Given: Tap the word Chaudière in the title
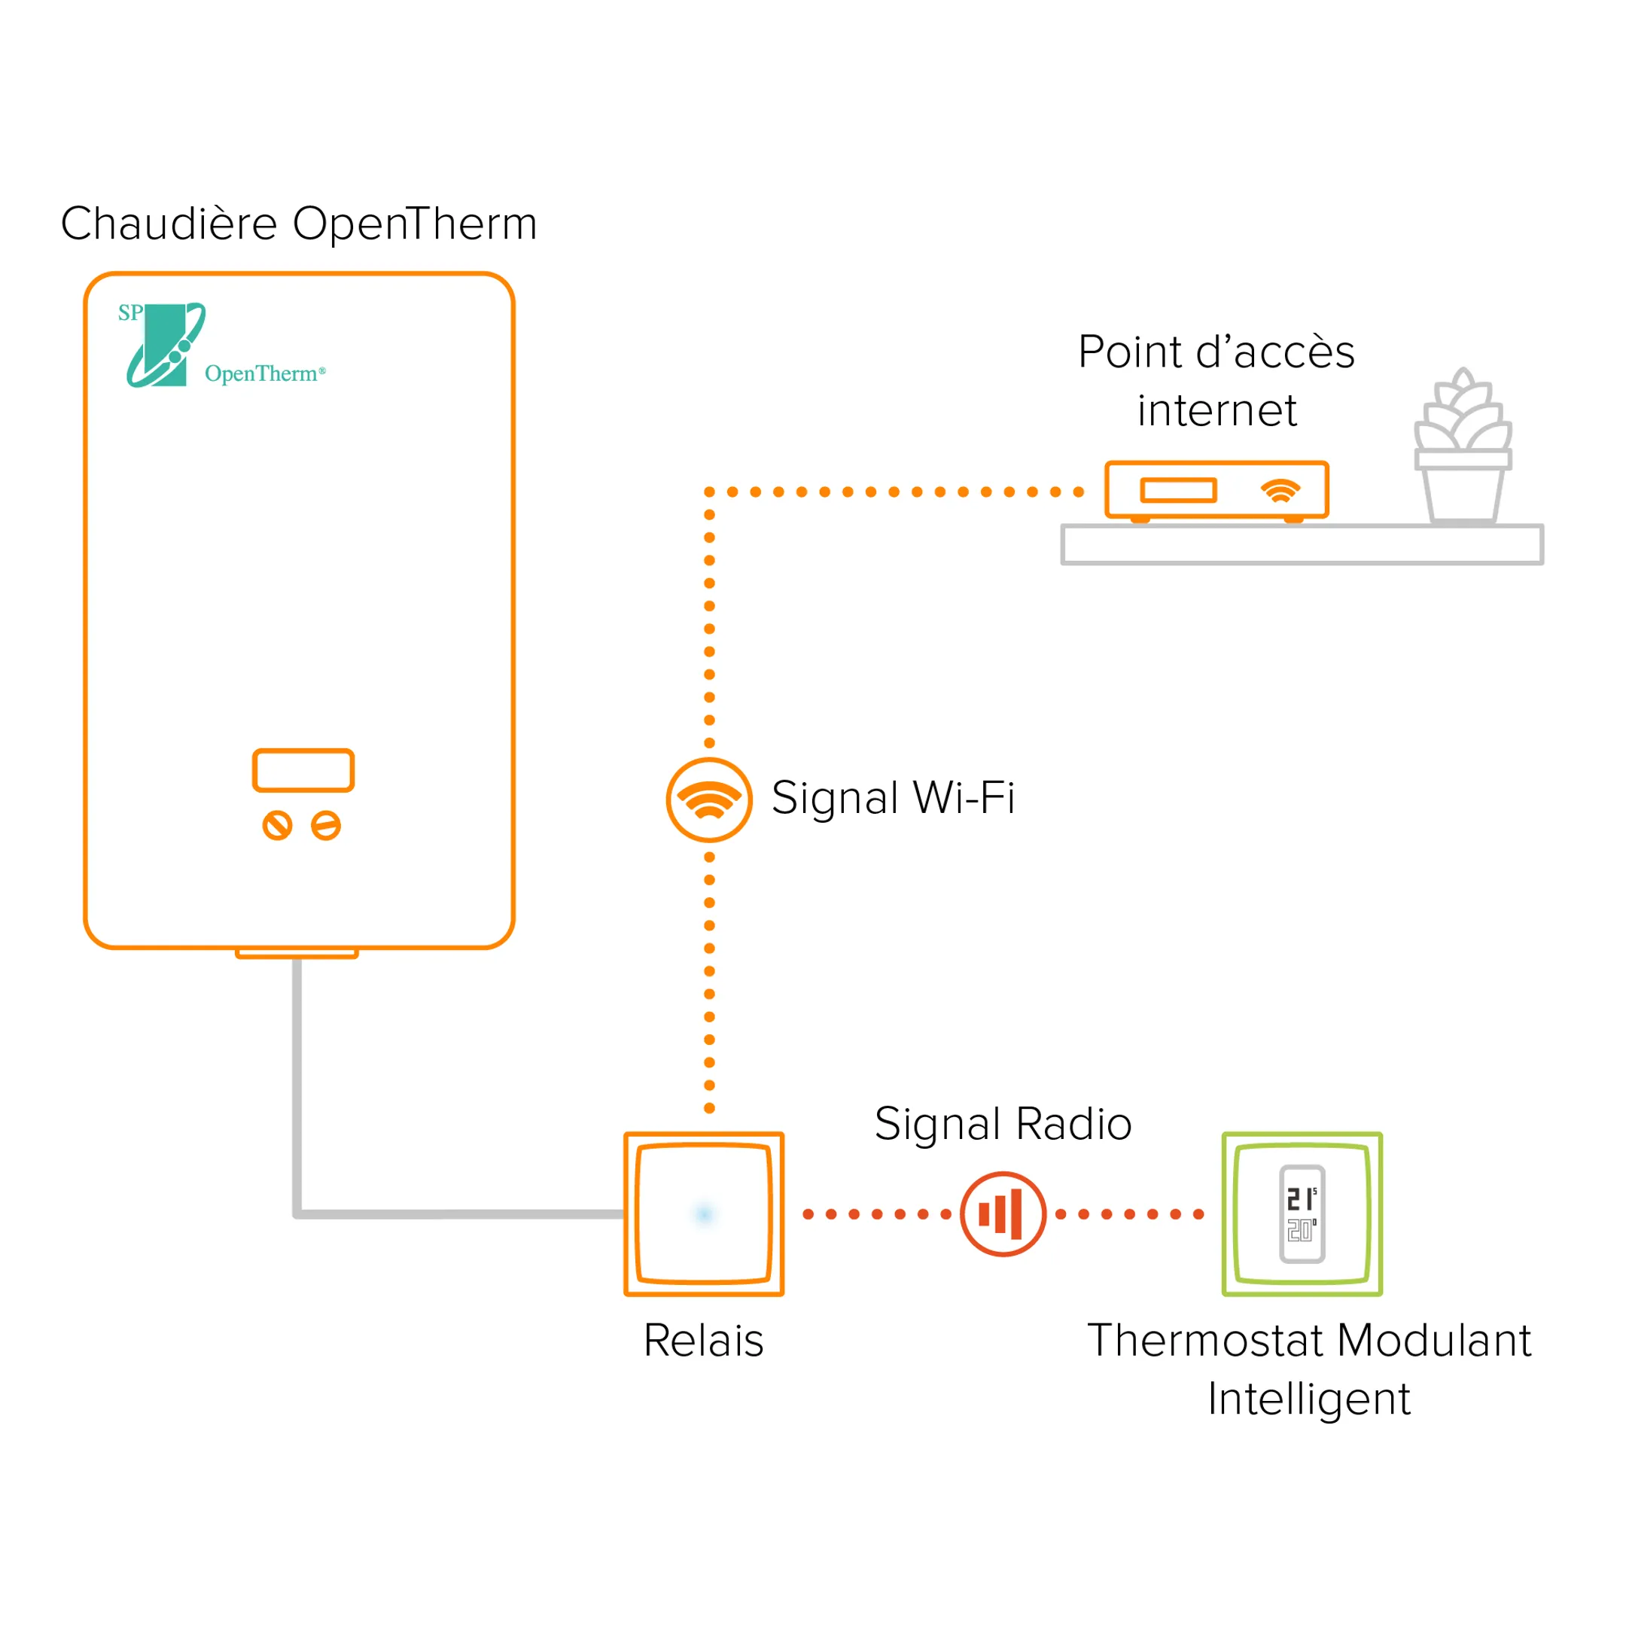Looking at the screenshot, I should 169,224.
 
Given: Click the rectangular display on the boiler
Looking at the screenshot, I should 303,770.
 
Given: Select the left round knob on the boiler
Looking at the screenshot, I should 277,826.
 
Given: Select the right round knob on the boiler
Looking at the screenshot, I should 326,826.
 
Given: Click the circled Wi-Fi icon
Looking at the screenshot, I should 708,799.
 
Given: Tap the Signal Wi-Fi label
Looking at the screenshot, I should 892,798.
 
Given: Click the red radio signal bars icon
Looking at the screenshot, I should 1003,1213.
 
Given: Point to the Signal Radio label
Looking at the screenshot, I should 1003,1124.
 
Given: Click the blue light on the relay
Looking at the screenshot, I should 705,1213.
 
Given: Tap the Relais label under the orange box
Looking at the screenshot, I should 704,1340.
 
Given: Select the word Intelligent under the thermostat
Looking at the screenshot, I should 1309,1399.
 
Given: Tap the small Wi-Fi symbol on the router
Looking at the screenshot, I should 1280,491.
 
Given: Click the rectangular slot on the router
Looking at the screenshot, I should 1178,490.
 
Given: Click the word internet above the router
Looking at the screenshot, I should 1216,411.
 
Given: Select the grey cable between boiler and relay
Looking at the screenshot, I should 297,1094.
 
